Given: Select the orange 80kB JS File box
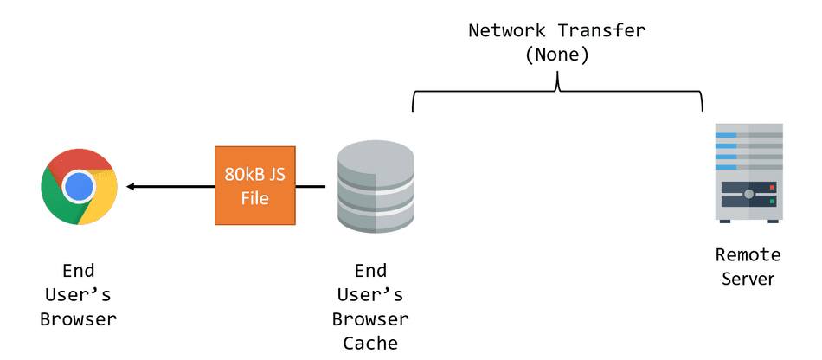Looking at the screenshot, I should (x=255, y=186).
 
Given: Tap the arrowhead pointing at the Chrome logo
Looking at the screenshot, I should (x=131, y=186).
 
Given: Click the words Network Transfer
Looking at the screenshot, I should (x=557, y=30).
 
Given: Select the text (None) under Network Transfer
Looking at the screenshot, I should (x=557, y=55).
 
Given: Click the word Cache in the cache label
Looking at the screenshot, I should (x=370, y=344).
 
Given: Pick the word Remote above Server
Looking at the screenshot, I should (x=748, y=255).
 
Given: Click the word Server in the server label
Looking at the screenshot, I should (x=748, y=279).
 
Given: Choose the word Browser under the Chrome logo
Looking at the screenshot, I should (x=78, y=318).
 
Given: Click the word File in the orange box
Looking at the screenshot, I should (x=255, y=198).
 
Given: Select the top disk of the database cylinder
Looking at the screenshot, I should (x=375, y=157).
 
